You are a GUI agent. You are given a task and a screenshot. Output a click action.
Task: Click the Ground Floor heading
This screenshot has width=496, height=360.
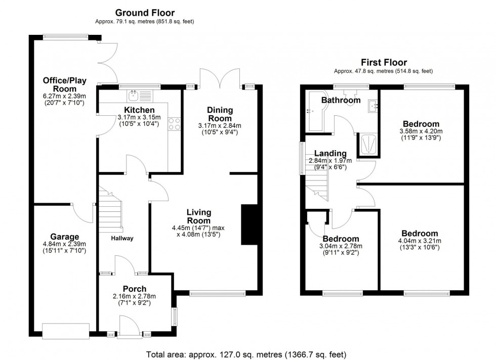pos(145,12)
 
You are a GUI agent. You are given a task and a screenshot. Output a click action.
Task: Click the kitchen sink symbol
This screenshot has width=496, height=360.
pos(135,95)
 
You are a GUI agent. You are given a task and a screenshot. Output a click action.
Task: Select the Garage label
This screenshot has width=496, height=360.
pos(64,237)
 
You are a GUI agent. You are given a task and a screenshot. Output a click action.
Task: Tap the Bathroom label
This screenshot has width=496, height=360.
pos(341,100)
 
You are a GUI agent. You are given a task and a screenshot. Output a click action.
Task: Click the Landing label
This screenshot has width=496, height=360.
pos(330,154)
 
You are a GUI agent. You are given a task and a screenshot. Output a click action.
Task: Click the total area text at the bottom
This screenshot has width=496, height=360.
pos(246,354)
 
